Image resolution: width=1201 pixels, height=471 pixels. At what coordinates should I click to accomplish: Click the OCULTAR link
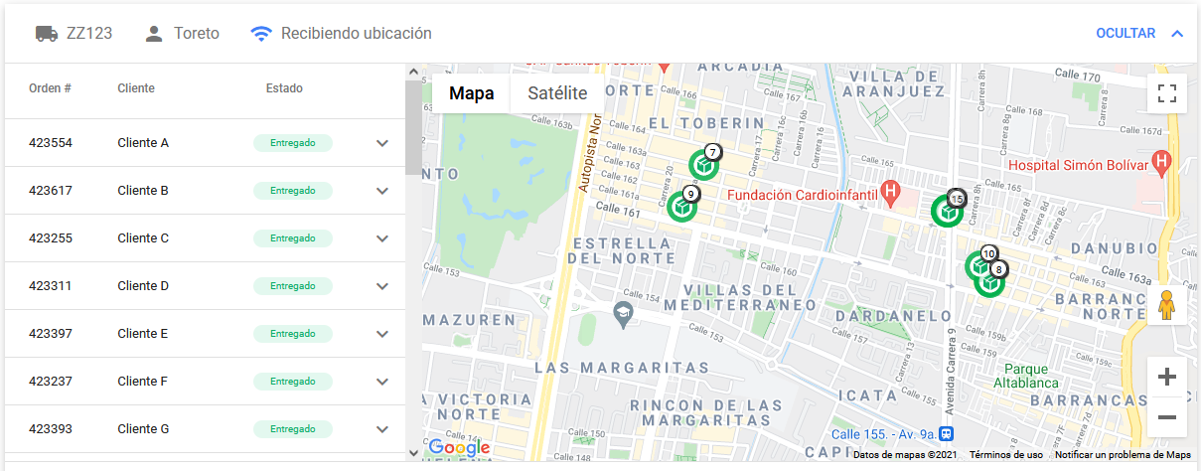click(x=1126, y=33)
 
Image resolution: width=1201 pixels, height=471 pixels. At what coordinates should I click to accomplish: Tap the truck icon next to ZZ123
click(x=47, y=33)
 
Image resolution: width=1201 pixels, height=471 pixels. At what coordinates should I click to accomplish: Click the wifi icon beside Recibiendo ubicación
click(x=261, y=33)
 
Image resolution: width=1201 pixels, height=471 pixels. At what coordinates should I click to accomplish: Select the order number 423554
click(x=51, y=143)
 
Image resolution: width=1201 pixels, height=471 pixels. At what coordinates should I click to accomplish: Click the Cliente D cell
click(x=143, y=286)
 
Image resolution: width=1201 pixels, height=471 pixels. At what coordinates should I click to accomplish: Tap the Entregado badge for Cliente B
click(x=293, y=191)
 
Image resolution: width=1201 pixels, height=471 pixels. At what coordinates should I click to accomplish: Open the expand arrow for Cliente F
click(x=382, y=382)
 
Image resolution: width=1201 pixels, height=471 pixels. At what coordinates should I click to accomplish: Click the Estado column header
click(x=284, y=88)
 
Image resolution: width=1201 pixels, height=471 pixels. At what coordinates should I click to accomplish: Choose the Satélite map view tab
click(x=557, y=94)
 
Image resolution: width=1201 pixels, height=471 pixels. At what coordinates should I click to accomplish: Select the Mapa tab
click(x=472, y=94)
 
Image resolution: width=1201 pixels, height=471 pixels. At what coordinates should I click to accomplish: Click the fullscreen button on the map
click(x=1167, y=94)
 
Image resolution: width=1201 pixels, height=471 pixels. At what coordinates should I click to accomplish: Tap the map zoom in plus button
click(x=1167, y=377)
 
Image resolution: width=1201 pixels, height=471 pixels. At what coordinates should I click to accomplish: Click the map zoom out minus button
click(x=1167, y=417)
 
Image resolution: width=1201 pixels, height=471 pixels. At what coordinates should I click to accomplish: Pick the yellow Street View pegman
click(x=1167, y=305)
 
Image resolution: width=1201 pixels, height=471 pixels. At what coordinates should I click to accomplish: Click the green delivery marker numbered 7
click(x=703, y=163)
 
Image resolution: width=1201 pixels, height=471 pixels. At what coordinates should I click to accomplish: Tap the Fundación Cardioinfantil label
click(x=799, y=195)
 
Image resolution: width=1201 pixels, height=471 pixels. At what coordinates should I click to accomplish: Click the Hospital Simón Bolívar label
click(x=1080, y=164)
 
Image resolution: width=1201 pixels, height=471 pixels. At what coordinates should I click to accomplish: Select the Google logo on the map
click(x=459, y=447)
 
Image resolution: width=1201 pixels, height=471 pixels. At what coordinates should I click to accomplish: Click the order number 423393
click(x=51, y=429)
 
